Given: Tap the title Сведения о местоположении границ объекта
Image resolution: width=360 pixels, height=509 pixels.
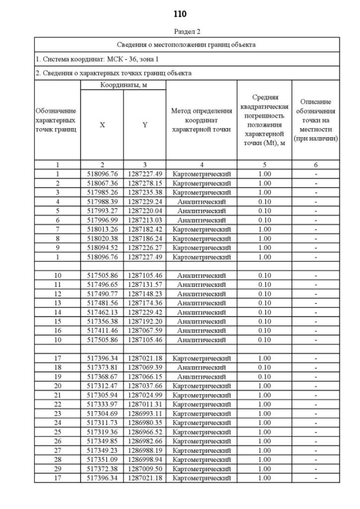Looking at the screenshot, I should [186, 44].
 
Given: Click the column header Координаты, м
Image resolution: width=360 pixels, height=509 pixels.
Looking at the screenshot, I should [123, 85].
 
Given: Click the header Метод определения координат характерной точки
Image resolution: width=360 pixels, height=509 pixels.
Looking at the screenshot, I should [201, 120].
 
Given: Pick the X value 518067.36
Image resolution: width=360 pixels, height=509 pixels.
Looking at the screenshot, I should [102, 183].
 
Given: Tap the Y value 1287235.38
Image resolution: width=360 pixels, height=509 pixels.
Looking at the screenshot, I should [145, 192].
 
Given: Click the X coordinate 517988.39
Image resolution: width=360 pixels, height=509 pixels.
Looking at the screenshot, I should [102, 201].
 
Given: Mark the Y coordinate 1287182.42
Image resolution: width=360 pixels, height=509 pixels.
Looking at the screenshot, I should [145, 229].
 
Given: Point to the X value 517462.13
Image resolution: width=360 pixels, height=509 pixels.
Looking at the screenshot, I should [102, 312].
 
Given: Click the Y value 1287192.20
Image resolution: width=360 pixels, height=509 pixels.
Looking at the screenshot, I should [145, 321].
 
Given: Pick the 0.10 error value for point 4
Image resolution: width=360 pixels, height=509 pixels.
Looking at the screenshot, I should [264, 201].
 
